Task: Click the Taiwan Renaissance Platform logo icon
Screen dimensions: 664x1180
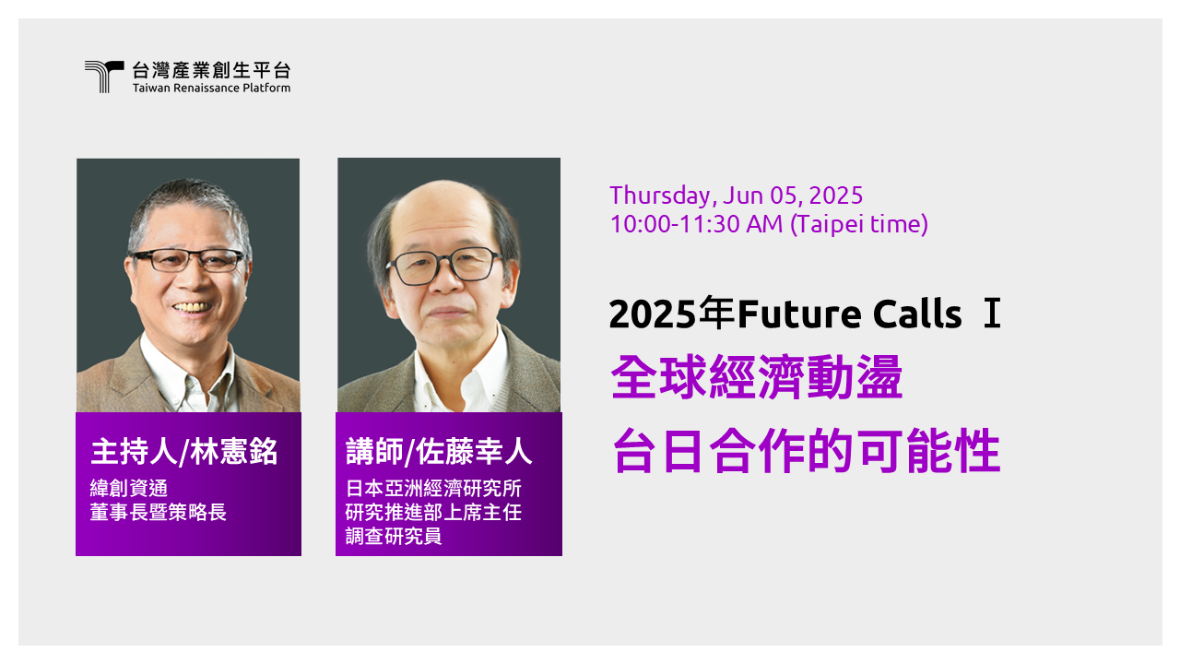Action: click(103, 77)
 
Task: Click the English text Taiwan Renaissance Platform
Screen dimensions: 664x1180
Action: click(211, 88)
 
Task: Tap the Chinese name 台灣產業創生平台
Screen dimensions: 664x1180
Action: click(211, 70)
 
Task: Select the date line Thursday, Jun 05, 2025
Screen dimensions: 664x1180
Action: click(736, 196)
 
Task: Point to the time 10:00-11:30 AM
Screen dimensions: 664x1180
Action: click(697, 224)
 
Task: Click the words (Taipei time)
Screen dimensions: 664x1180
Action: click(859, 224)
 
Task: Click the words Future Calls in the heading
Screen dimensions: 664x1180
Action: click(849, 315)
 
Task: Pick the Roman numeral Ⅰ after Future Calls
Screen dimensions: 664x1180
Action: click(991, 315)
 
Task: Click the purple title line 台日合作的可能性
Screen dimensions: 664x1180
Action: click(807, 452)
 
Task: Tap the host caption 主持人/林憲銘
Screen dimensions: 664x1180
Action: click(184, 452)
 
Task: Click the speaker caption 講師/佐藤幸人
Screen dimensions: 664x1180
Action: click(439, 453)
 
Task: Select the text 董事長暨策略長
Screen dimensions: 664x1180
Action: click(158, 513)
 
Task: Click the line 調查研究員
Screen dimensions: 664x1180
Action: click(394, 536)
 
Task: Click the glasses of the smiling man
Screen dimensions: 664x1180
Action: click(188, 259)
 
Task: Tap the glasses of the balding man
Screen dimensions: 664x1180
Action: click(444, 266)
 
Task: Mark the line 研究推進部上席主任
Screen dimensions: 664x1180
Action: click(433, 513)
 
